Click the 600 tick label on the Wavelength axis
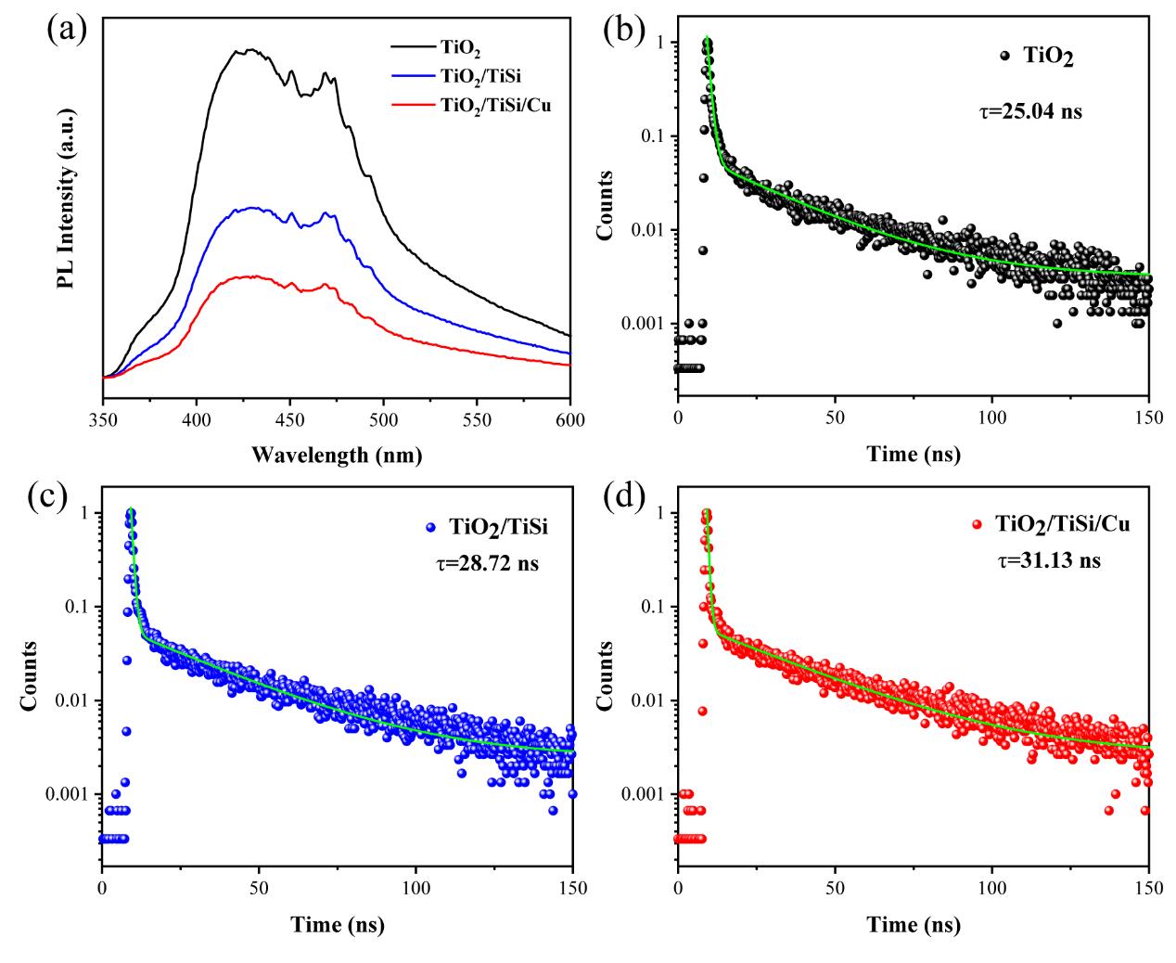570,419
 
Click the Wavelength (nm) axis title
336,455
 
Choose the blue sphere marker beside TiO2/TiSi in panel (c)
429,527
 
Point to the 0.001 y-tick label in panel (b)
647,324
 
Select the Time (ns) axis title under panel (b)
914,455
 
